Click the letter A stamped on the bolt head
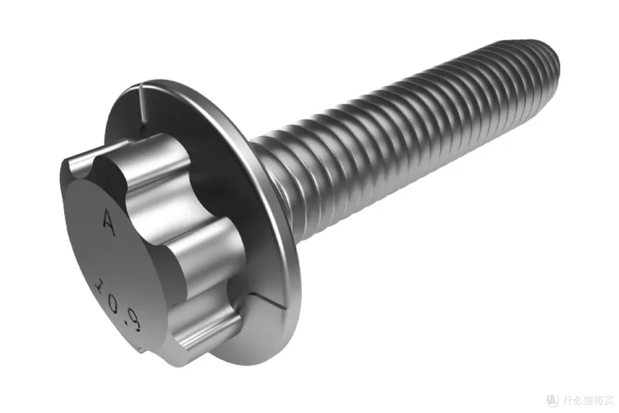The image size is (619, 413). (109, 223)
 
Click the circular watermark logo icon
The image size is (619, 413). (553, 401)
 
